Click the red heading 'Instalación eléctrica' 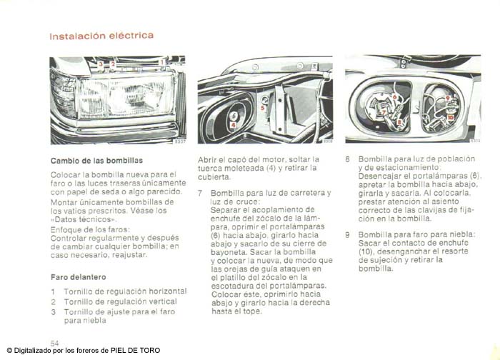click(x=101, y=36)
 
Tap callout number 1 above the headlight click(x=162, y=62)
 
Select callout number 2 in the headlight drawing click(x=113, y=64)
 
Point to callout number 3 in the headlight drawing click(x=101, y=64)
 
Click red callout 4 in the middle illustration click(x=234, y=125)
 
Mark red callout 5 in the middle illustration click(x=262, y=108)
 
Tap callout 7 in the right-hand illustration click(x=384, y=113)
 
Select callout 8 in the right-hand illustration click(x=399, y=122)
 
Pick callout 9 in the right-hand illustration click(x=447, y=98)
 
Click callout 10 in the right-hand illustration click(x=450, y=117)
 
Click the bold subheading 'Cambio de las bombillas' click(x=96, y=161)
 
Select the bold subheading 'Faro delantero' click(x=79, y=277)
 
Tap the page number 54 click(x=54, y=343)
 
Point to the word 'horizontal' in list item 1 click(x=168, y=291)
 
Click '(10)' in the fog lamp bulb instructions click(x=366, y=251)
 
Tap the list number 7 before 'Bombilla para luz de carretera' click(x=200, y=194)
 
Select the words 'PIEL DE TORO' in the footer click(x=135, y=351)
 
